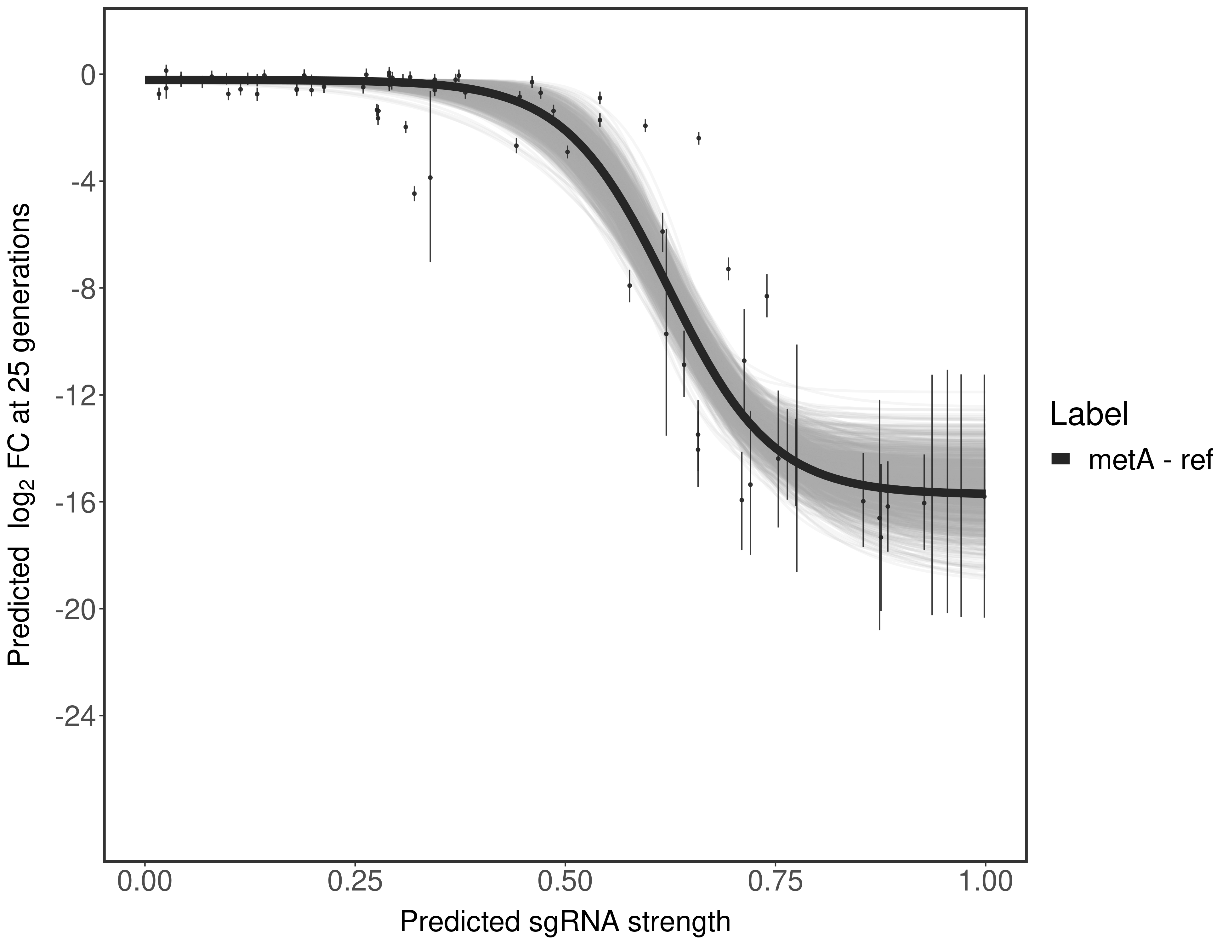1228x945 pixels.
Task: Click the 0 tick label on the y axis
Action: pyautogui.click(x=88, y=75)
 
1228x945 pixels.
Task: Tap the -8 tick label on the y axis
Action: pyautogui.click(x=80, y=289)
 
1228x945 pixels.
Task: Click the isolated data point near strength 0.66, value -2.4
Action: pyautogui.click(x=698, y=138)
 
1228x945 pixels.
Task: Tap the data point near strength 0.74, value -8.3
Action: pyautogui.click(x=766, y=296)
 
